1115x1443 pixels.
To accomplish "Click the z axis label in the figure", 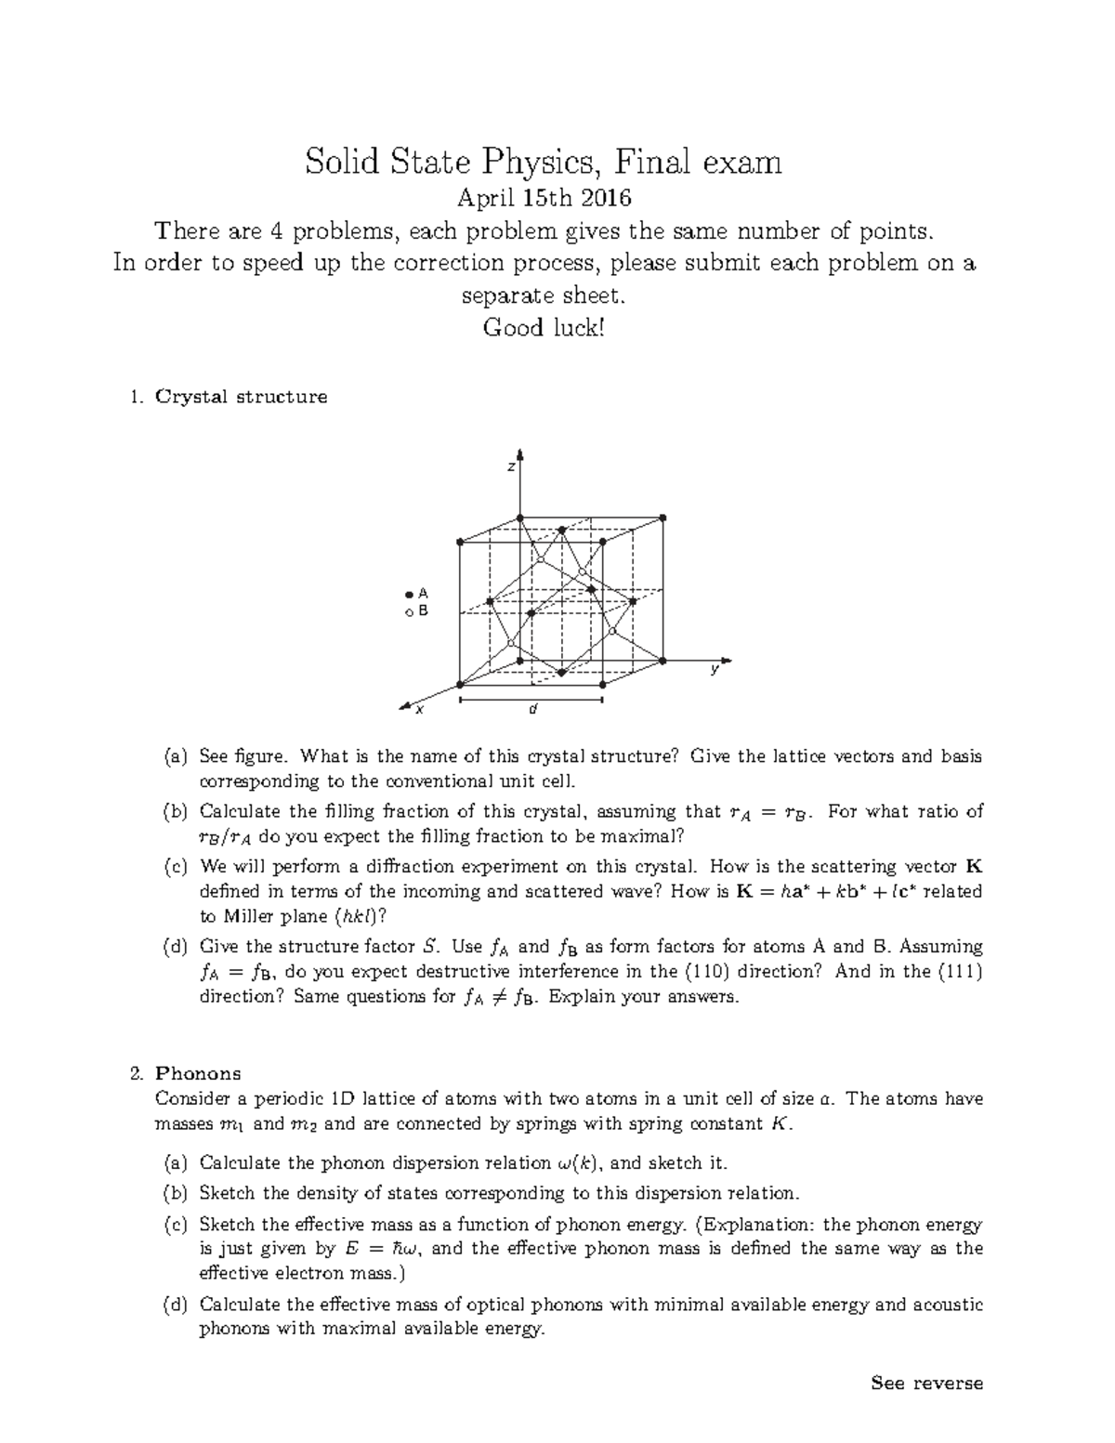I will [510, 466].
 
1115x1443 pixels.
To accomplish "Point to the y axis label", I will [715, 670].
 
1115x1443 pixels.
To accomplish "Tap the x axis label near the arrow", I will [419, 710].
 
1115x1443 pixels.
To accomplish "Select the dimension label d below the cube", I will [532, 710].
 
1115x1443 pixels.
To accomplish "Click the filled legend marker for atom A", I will [408, 593].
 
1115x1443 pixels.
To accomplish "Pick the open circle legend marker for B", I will [408, 612].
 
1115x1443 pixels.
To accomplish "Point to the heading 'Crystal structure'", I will [241, 397].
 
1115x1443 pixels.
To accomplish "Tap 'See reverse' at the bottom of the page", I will [926, 1384].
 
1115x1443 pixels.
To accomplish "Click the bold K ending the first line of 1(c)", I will [974, 867].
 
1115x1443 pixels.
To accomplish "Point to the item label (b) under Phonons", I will [175, 1193].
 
